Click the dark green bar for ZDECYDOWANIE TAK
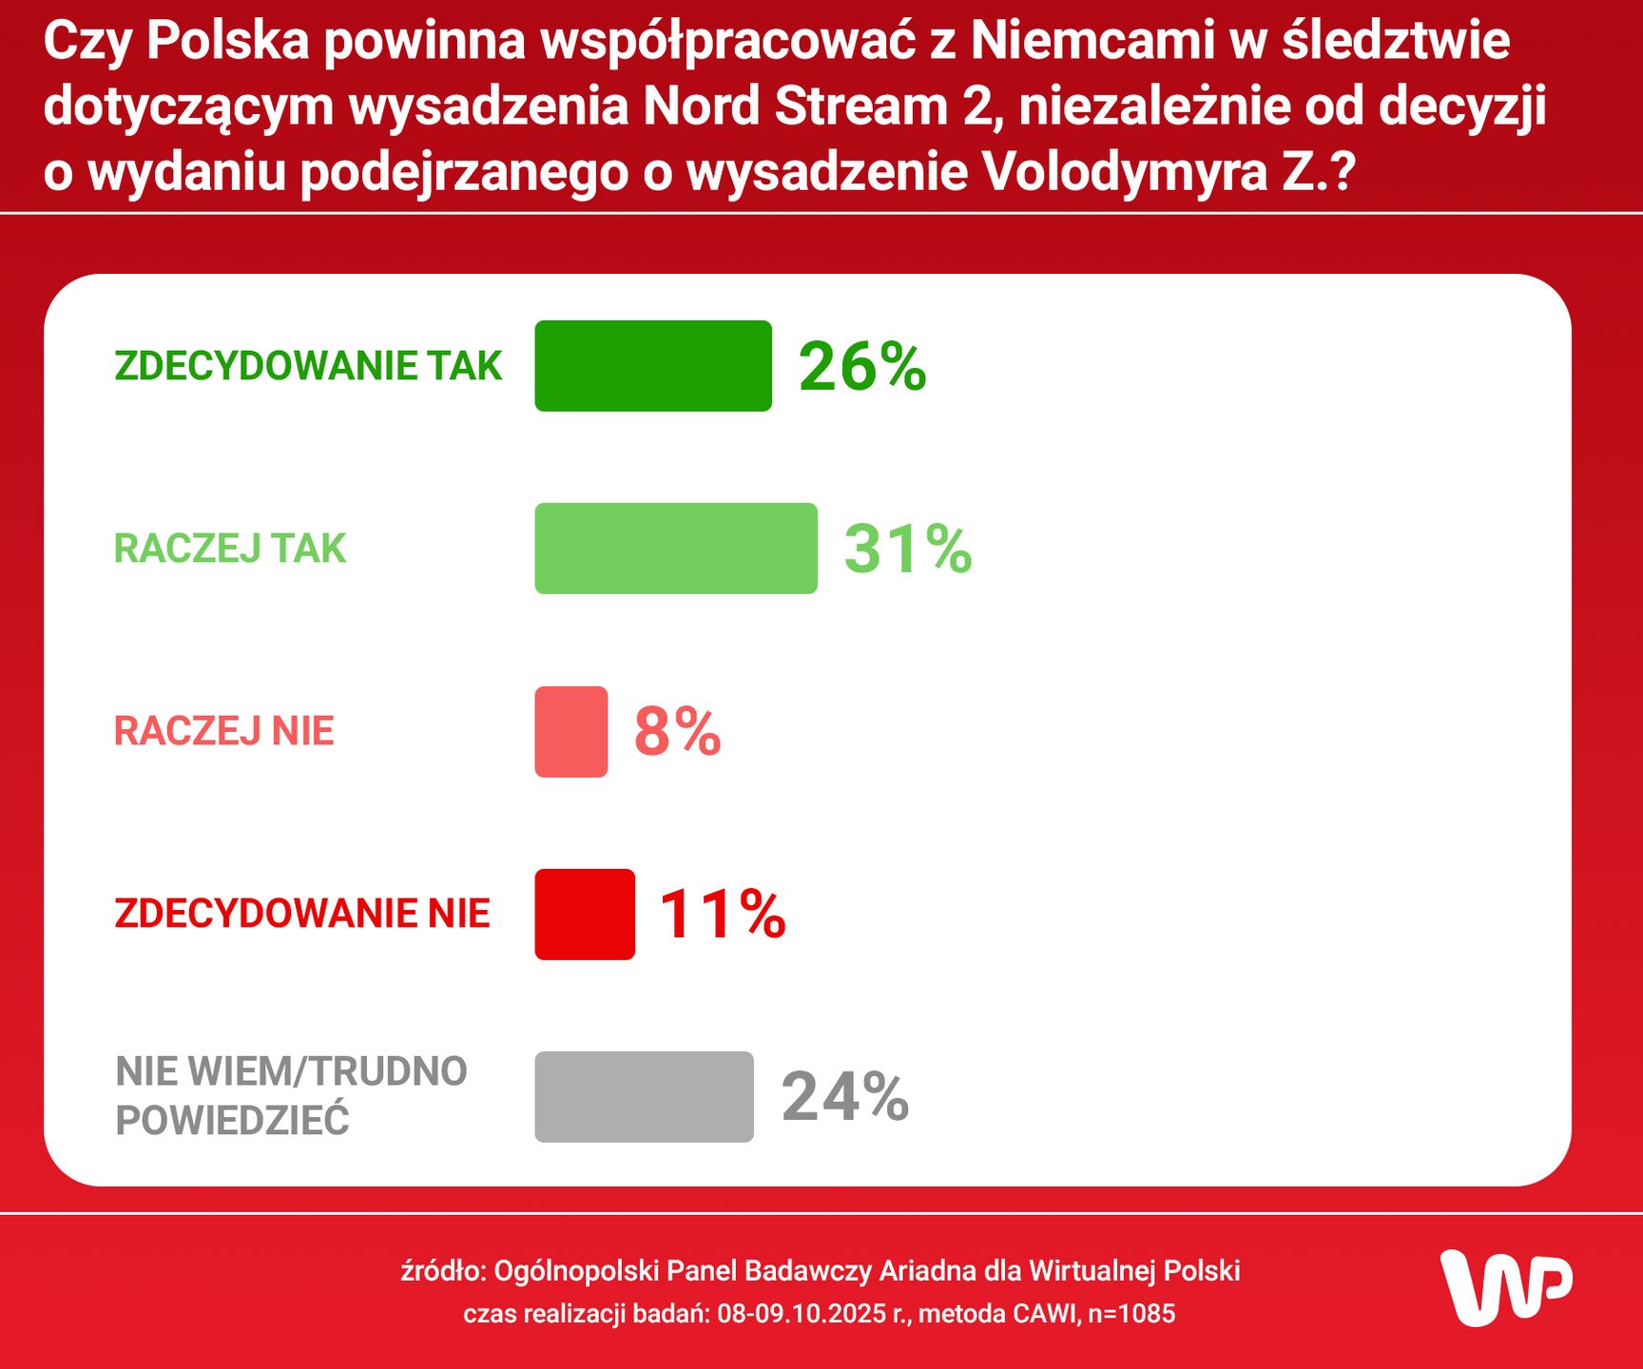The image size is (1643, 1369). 653,366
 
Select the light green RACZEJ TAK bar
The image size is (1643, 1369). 676,549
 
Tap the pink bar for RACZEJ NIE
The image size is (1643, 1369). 570,731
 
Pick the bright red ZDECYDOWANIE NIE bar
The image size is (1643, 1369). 585,914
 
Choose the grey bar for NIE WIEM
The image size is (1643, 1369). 644,1096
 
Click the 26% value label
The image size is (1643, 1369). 861,367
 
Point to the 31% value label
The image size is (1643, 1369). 907,550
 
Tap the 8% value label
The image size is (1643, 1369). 677,732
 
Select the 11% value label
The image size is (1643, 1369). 723,915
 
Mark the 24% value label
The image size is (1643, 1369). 844,1097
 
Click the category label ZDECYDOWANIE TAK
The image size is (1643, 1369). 308,366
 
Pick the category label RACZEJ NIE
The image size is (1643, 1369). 224,731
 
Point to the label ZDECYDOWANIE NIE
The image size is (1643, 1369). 302,914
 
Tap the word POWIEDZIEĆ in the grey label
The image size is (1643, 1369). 232,1121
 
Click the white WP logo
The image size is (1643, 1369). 1506,1287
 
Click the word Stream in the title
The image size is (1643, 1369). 860,106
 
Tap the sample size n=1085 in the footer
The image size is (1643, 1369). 1131,1314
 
